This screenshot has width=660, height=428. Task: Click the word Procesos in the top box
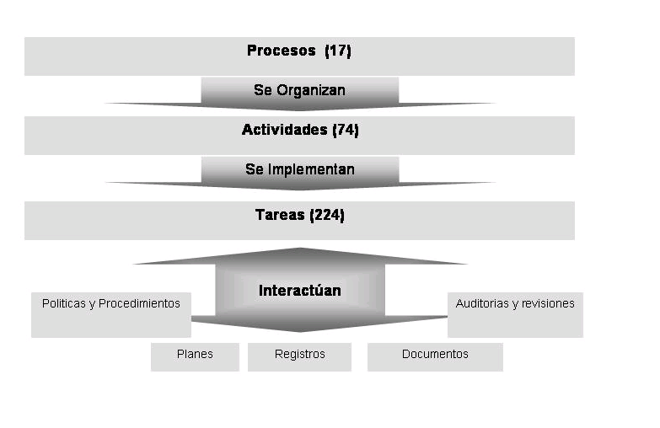281,51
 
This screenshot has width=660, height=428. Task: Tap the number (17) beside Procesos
338,51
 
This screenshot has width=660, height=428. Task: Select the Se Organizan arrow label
299,90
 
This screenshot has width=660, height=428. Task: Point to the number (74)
346,130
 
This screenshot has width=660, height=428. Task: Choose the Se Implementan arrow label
299,169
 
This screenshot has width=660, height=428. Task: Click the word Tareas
280,215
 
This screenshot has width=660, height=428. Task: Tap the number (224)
327,215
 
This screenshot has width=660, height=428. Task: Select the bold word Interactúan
299,291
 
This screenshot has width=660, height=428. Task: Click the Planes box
195,356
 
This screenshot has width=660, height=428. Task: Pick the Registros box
299,356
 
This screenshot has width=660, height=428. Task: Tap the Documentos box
435,356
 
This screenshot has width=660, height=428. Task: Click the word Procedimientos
139,303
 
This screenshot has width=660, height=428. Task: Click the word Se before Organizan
262,90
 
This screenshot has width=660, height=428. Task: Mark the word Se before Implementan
255,169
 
